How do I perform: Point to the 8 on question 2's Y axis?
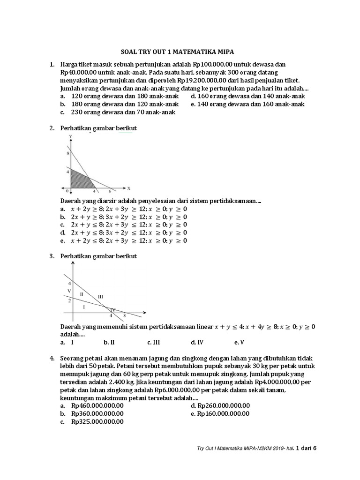[x=67, y=153]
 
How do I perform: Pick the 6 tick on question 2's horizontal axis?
[x=110, y=191]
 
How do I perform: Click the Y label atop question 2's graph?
[x=70, y=136]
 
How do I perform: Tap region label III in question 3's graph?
[x=100, y=296]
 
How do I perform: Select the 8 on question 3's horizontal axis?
[x=124, y=315]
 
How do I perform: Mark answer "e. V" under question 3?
[x=239, y=342]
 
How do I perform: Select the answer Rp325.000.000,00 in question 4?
[x=97, y=421]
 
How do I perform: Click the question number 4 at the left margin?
[x=52, y=358]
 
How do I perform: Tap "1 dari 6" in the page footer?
[x=307, y=449]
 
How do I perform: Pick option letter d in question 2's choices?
[x=62, y=232]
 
